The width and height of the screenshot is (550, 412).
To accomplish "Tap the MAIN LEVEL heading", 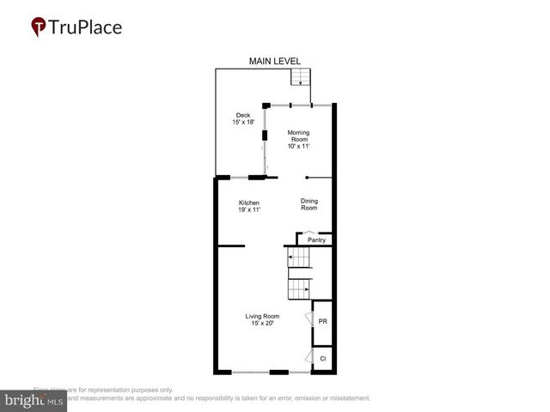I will pos(272,61).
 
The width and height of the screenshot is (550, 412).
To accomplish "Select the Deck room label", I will pos(244,115).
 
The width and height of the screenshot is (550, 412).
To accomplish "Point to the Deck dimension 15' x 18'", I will pos(244,123).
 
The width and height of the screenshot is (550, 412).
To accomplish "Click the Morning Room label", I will pos(298,136).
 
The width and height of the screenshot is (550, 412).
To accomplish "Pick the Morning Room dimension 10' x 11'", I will pos(298,147).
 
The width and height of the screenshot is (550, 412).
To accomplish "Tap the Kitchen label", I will pos(249,203).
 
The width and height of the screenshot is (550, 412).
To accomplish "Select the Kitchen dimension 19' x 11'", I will pos(249,210).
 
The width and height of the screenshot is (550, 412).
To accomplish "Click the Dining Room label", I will pos(309,204).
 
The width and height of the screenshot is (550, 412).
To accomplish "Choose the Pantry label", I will pos(316,240).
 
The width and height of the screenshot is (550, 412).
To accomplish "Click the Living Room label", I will pos(262,316).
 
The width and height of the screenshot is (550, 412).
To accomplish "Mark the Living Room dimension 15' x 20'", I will pos(262,324).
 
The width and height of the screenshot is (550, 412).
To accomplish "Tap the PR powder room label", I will pos(322,321).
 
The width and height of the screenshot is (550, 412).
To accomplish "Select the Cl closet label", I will pos(322,358).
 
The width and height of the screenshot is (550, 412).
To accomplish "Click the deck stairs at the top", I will pos(299,77).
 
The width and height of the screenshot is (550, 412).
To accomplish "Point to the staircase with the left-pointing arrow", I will pos(298,257).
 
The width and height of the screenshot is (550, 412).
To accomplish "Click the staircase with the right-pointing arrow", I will pos(298,289).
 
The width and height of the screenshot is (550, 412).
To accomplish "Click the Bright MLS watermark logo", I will pos(34,400).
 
